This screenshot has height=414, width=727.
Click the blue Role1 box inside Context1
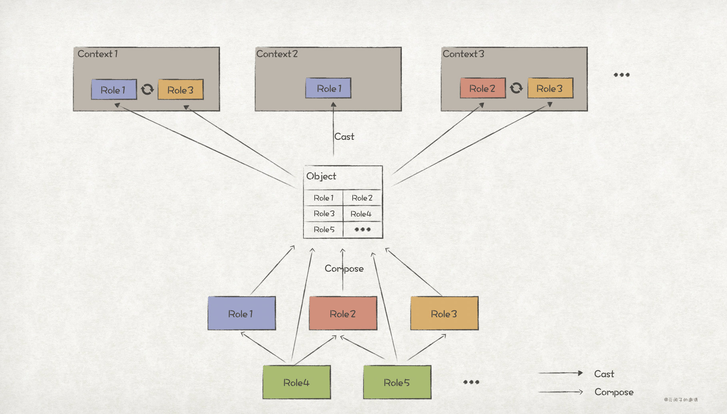[x=114, y=90]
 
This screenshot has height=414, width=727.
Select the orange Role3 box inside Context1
[x=180, y=90]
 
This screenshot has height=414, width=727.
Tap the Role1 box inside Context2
[x=328, y=88]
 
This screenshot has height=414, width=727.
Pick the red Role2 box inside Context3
[x=482, y=88]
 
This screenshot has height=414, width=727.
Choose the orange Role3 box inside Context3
[x=550, y=88]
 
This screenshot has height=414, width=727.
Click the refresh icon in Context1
[x=147, y=89]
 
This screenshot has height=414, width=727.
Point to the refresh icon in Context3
[x=516, y=88]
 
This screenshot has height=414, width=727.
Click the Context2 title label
[x=277, y=54]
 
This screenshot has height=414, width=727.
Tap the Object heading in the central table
[x=321, y=176]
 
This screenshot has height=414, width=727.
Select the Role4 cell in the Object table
[x=361, y=214]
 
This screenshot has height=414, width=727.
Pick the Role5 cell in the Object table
[x=324, y=229]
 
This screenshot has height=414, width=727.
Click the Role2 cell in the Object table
[x=362, y=198]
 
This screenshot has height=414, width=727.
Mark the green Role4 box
[x=296, y=382]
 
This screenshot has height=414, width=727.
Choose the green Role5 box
[x=397, y=382]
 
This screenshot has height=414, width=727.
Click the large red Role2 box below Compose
[x=343, y=314]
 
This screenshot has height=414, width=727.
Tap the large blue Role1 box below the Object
[x=241, y=314]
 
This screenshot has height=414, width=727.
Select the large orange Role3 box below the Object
[x=444, y=314]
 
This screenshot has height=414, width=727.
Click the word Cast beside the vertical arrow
[x=344, y=137]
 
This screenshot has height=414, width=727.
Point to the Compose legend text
[x=614, y=392]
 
